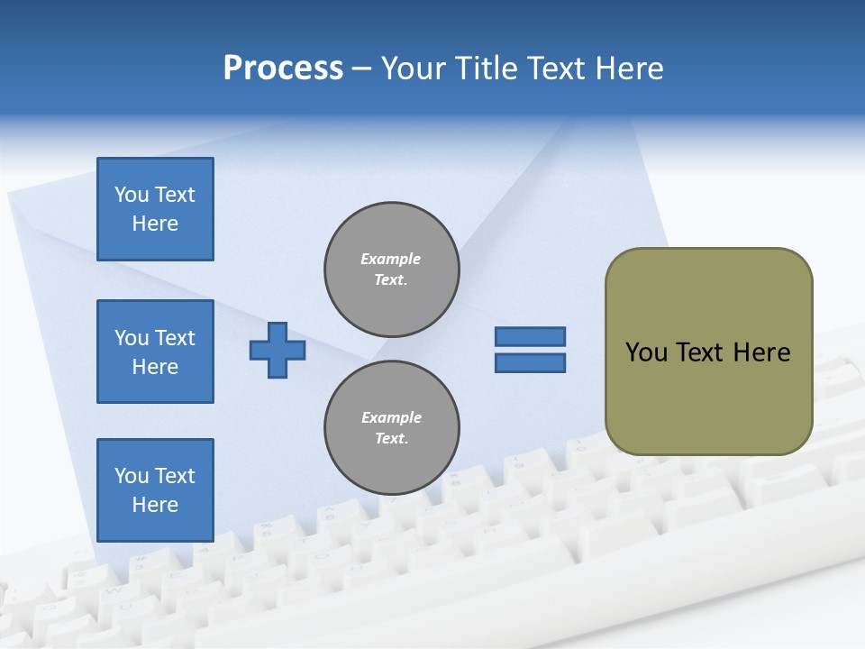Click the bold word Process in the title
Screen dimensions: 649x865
[x=283, y=69]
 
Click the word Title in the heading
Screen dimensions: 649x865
[x=487, y=69]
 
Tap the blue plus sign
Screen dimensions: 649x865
[x=278, y=350]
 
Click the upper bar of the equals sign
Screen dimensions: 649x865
[x=531, y=336]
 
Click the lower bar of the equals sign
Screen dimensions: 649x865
[x=531, y=363]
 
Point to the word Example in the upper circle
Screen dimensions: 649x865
[x=391, y=259]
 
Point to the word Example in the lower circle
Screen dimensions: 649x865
[x=391, y=417]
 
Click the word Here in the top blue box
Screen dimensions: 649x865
[x=155, y=224]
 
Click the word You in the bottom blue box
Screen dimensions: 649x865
[x=132, y=476]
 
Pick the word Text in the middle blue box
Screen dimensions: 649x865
[x=175, y=338]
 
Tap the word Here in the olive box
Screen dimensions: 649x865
[x=761, y=352]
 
